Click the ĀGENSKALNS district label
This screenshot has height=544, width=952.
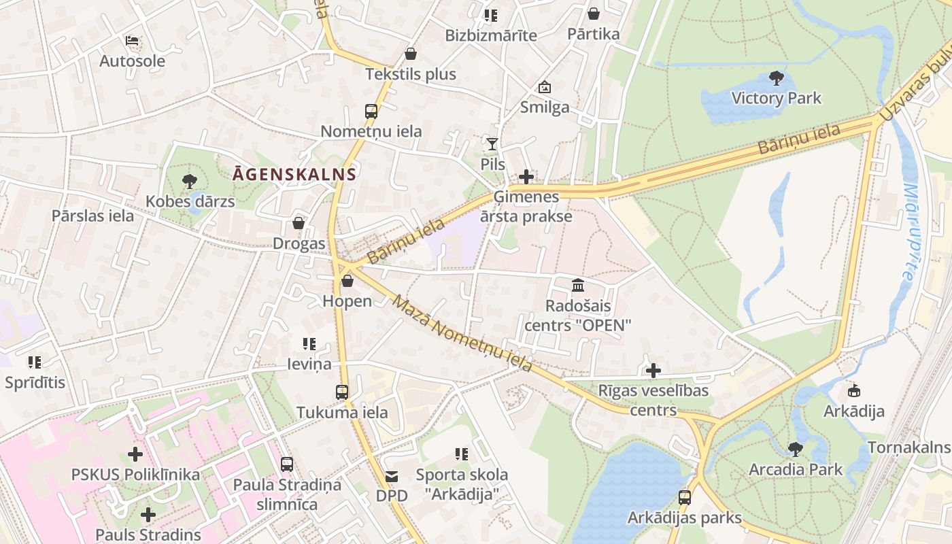294,174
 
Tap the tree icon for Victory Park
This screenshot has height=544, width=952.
776,78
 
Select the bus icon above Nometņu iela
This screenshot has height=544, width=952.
371,112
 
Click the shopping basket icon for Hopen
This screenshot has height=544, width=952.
347,281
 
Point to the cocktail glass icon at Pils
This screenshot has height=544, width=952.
492,143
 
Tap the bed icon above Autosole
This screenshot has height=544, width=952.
132,41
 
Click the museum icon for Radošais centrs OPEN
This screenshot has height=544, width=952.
578,285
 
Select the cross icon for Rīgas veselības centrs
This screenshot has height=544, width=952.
653,371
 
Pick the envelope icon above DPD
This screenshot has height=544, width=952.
392,477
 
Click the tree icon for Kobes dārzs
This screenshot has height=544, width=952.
190,182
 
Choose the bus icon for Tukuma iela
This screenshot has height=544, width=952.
342,392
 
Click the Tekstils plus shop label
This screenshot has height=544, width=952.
411,74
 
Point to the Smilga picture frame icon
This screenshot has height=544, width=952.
544,87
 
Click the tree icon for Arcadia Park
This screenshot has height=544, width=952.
795,449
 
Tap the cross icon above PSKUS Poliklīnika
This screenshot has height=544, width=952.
135,454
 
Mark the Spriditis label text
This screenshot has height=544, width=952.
35,383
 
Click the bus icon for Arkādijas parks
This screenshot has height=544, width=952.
684,498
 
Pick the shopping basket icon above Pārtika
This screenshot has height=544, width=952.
594,14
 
